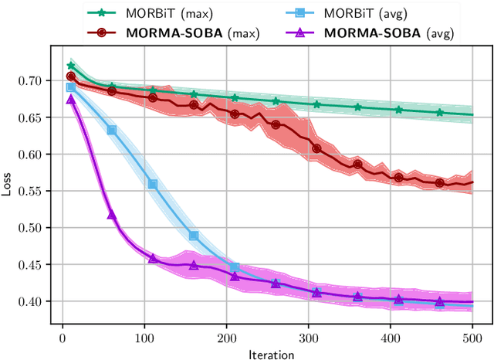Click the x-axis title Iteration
click(271, 355)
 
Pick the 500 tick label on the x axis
click(472, 338)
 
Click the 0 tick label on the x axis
click(63, 338)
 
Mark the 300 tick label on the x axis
click(308, 338)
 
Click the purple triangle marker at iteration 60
click(111, 214)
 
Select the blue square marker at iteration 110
click(153, 185)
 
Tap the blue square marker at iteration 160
click(194, 236)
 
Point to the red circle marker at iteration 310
click(316, 148)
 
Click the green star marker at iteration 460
click(439, 112)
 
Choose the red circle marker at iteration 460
click(439, 183)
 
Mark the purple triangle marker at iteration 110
click(153, 258)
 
